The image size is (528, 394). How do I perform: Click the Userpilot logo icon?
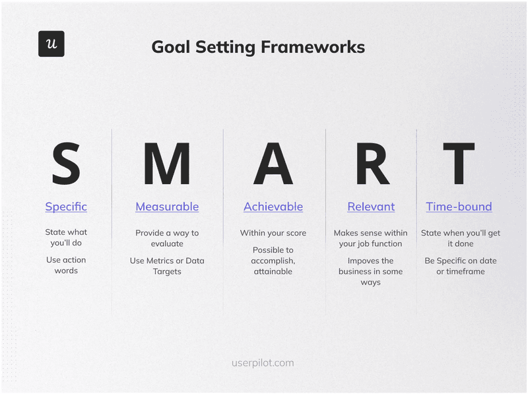click(x=51, y=44)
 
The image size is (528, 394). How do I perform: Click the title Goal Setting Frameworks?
click(x=258, y=47)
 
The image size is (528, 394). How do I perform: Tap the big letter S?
click(x=66, y=164)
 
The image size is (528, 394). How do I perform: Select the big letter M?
click(x=167, y=164)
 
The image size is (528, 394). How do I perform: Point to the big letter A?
click(x=273, y=164)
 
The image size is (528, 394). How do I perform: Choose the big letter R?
click(x=372, y=164)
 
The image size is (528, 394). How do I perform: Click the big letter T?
click(x=459, y=164)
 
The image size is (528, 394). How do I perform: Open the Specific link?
click(x=66, y=207)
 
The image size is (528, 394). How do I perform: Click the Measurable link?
click(x=167, y=207)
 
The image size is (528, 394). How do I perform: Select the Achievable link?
click(x=273, y=207)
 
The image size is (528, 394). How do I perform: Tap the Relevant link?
click(x=371, y=207)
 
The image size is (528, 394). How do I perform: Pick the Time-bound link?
click(x=459, y=207)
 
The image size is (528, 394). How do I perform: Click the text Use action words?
click(x=66, y=265)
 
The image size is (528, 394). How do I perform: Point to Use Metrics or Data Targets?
click(x=167, y=266)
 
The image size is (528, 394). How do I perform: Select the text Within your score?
click(x=273, y=233)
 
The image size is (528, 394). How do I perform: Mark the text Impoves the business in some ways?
click(x=371, y=271)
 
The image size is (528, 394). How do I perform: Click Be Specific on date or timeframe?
click(x=460, y=266)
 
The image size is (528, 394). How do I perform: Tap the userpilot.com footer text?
click(x=263, y=363)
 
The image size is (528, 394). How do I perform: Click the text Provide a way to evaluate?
click(x=167, y=238)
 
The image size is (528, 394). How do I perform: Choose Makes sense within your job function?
click(x=371, y=238)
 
